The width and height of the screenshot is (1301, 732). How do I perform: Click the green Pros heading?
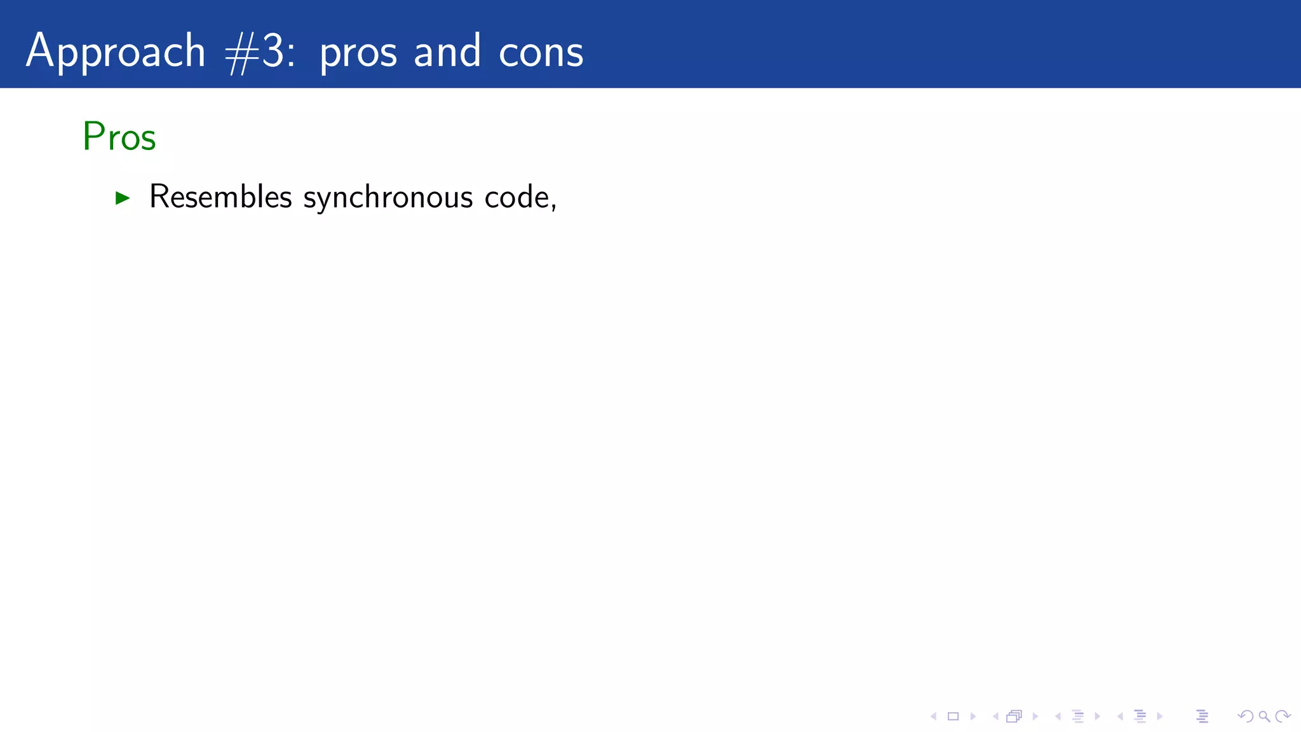(119, 137)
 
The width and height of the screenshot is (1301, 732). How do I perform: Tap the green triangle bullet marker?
(123, 198)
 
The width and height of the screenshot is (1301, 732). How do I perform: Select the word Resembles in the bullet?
(220, 196)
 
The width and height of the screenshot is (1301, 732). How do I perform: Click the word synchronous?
(388, 198)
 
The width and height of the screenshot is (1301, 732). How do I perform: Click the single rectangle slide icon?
(953, 717)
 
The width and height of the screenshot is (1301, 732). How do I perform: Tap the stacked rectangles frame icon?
(1014, 717)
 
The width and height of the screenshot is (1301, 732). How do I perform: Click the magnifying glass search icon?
(1264, 717)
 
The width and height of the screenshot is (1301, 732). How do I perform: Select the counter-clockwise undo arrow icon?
(1245, 717)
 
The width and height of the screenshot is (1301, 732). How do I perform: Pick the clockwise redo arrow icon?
(1283, 717)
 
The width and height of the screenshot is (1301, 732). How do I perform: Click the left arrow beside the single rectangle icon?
(933, 717)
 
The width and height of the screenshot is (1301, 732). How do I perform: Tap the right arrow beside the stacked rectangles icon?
(1035, 717)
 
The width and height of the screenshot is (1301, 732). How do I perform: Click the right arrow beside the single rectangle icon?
(973, 717)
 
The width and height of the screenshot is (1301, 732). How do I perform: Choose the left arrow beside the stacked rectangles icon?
(995, 717)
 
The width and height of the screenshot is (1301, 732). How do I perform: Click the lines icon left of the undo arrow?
(1202, 717)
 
